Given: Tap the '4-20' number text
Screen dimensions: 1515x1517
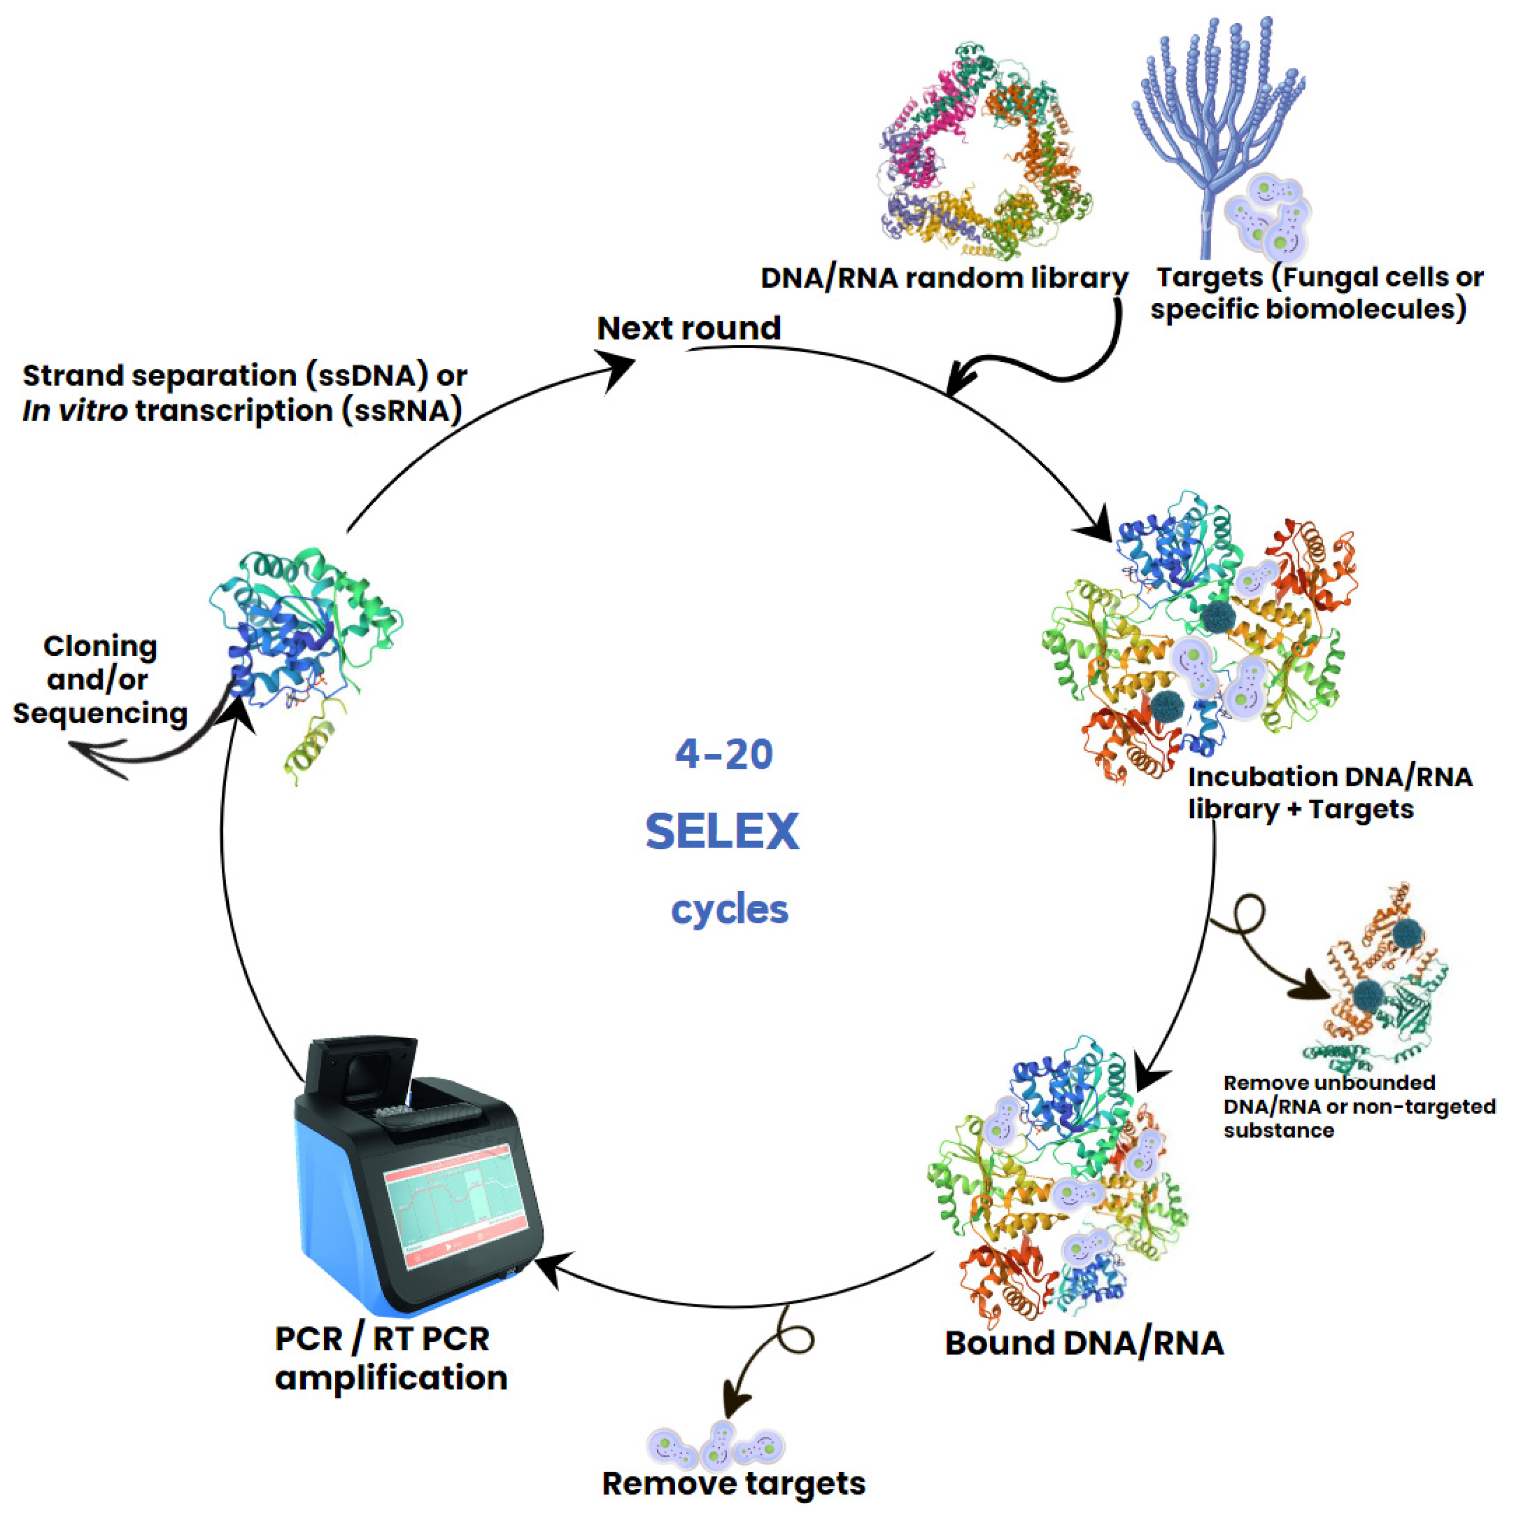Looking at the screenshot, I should coord(723,754).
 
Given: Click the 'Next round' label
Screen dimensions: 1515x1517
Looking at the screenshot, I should coord(688,328).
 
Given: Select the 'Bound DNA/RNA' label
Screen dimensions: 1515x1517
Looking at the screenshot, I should coord(1083,1343).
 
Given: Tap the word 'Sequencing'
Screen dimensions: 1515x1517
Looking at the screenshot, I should coord(100,713).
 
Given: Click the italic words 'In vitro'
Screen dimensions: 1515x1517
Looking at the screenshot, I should coord(75,410).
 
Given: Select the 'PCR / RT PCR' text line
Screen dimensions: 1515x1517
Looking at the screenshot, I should coord(382,1339).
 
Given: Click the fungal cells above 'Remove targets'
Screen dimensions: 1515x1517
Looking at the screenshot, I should coord(715,1443).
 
